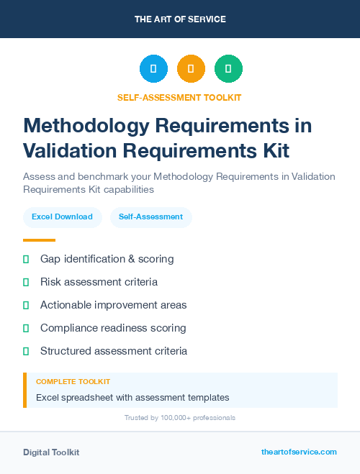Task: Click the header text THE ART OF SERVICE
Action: click(180, 19)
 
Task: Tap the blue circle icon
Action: click(153, 69)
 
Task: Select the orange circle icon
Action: click(191, 69)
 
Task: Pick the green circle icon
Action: click(229, 69)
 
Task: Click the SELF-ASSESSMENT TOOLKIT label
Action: click(179, 97)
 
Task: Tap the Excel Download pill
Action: click(62, 217)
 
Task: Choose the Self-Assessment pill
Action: click(150, 217)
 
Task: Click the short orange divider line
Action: click(39, 240)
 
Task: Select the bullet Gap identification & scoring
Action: click(107, 259)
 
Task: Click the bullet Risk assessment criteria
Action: click(99, 282)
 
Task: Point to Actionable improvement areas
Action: click(113, 305)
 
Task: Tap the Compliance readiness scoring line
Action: click(113, 328)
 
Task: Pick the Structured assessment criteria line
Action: click(114, 351)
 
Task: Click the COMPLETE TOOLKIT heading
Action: click(73, 382)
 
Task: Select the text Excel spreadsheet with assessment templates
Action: click(132, 397)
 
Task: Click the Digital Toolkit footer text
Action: click(51, 452)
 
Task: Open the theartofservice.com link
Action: click(299, 452)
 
